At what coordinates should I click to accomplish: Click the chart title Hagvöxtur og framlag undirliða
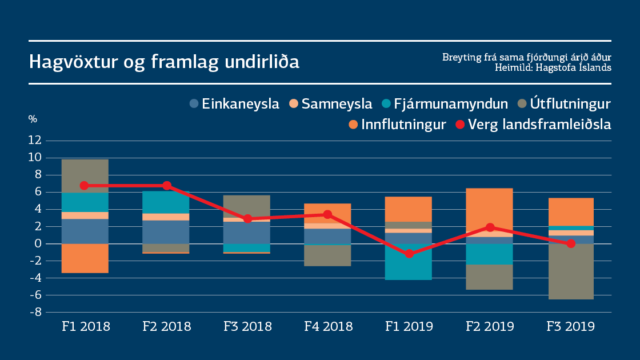pos(164,62)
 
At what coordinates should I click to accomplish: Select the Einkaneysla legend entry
pos(234,104)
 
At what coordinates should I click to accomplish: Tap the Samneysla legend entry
pos(331,104)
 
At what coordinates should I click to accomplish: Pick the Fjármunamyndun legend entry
pos(445,104)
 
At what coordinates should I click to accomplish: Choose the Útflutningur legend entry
pos(563,104)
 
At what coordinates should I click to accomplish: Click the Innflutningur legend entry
pos(397,124)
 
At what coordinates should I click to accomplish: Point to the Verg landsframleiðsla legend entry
pos(533,124)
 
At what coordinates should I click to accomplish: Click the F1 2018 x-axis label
pos(85,327)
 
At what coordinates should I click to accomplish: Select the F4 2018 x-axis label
pos(328,327)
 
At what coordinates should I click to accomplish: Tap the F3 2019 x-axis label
pos(570,327)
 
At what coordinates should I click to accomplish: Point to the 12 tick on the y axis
pos(35,140)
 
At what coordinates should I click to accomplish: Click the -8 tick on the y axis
pos(35,313)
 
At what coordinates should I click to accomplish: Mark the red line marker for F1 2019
pos(409,254)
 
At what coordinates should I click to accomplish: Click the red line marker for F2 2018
pos(166,186)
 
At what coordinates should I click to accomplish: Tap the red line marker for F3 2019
pos(570,243)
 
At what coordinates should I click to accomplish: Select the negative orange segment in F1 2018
pos(85,258)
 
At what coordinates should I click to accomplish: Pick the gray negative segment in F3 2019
pos(570,271)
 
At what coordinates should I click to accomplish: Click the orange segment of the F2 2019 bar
pos(489,210)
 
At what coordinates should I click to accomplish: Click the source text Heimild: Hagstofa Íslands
pos(553,67)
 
